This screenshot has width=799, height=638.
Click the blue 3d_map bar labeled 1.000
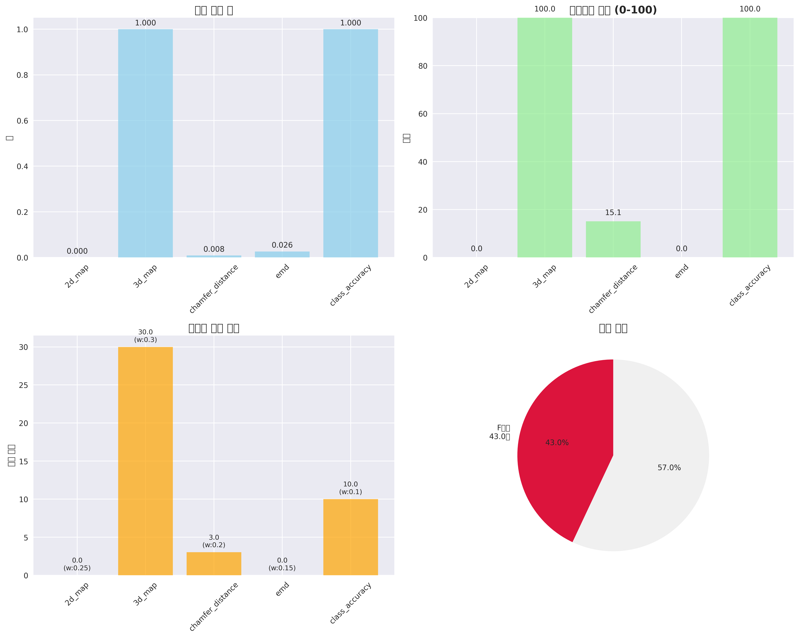[145, 143]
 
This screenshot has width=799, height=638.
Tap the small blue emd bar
[282, 254]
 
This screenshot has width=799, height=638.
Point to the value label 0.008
[214, 249]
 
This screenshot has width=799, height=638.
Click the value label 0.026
[282, 245]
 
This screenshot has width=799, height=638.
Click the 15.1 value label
[613, 212]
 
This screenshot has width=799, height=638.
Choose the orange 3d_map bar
[145, 461]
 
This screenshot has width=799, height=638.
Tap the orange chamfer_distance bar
[214, 563]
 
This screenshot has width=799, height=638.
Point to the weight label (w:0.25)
[77, 568]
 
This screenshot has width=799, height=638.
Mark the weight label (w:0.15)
[282, 568]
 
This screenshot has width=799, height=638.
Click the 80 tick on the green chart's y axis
[423, 66]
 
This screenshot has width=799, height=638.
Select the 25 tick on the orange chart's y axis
[23, 385]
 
